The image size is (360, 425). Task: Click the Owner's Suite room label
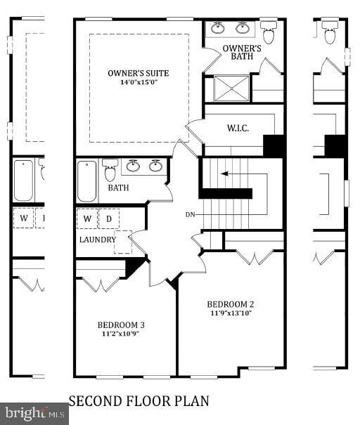pos(138,73)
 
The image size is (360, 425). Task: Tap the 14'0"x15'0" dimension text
pos(139,82)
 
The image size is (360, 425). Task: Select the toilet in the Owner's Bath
pos(269,32)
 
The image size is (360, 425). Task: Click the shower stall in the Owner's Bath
pos(231,89)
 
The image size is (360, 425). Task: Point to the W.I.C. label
pos(238,128)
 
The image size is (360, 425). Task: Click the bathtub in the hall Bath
pos(86,181)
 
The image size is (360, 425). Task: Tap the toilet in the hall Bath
pos(110,170)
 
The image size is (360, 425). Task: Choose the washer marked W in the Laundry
pos(87,218)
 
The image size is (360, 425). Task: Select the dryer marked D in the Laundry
pos(109,218)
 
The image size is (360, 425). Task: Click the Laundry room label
pos(98,240)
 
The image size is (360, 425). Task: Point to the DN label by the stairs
pos(190,215)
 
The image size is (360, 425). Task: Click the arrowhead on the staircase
pos(224,174)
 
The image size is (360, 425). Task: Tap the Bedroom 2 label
pos(231,304)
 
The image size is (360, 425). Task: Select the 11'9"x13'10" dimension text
pos(231,313)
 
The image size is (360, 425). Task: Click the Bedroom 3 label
pos(121,325)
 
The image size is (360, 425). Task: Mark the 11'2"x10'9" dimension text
pos(121,334)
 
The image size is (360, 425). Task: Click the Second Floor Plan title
pos(139,401)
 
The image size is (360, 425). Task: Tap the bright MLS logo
pos(34,413)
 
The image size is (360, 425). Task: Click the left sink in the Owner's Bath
pos(218,28)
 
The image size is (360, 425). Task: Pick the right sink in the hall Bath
pos(155,166)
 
